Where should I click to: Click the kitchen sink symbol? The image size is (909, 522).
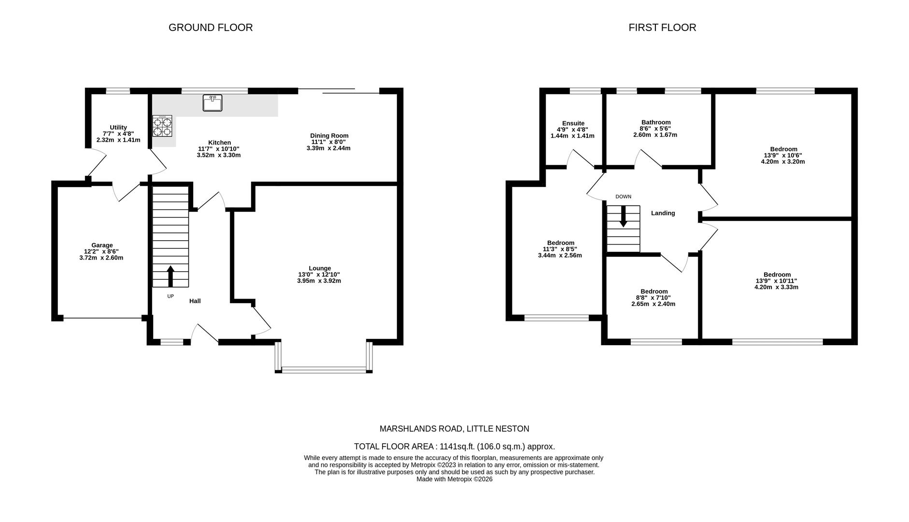[x=212, y=103]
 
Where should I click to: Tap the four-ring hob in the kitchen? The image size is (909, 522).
[x=162, y=127]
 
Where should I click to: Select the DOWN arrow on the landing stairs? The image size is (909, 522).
[x=623, y=216]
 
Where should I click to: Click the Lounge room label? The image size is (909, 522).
[x=320, y=268]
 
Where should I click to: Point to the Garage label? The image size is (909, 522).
[x=102, y=245]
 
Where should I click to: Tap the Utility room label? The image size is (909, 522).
[x=118, y=128]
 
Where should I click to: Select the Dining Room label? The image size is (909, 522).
[x=329, y=136]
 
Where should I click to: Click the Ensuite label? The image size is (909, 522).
[x=573, y=123]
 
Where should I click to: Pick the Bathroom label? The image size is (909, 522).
[x=655, y=122]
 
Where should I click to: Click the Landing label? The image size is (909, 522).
[x=663, y=213]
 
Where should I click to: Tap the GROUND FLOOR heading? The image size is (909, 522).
[x=211, y=28]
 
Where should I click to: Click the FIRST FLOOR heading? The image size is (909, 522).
[x=662, y=28]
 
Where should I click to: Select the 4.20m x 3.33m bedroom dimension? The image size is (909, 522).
[x=776, y=287]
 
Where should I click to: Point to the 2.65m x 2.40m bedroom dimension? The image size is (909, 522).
[x=653, y=304]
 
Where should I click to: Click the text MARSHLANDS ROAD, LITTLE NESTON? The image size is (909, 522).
[x=454, y=429]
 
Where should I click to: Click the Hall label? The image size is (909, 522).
[x=195, y=301]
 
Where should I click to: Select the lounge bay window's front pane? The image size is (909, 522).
[x=324, y=370]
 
